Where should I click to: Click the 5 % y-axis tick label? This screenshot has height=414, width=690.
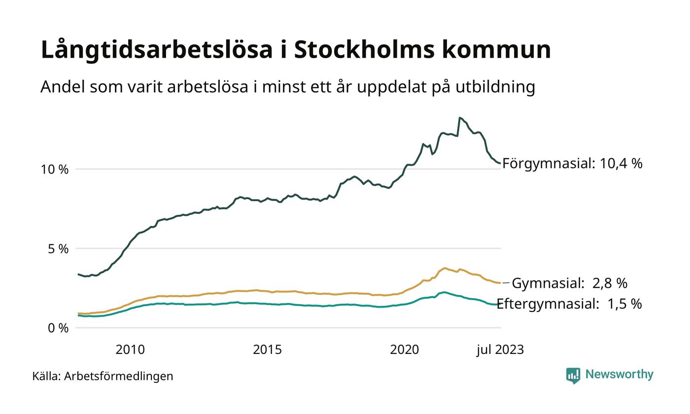click(58, 249)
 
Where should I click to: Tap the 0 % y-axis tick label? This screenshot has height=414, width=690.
click(58, 328)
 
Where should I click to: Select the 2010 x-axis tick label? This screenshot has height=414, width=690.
click(130, 350)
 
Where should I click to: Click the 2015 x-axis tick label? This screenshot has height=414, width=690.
click(267, 350)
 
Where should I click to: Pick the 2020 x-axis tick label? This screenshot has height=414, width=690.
click(404, 350)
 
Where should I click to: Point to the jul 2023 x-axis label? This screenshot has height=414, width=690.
click(500, 350)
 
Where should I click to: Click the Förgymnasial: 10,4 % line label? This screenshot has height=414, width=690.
click(572, 164)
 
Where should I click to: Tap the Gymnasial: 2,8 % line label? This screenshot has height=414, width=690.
click(569, 283)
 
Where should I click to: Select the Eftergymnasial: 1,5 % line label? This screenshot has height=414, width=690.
click(569, 304)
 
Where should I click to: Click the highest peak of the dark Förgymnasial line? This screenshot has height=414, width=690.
click(460, 118)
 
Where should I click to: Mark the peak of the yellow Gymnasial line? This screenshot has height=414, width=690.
click(445, 268)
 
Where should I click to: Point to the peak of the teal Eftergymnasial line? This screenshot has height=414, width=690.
click(444, 292)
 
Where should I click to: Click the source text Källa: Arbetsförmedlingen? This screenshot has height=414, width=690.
click(103, 377)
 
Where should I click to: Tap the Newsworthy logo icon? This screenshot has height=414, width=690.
click(573, 376)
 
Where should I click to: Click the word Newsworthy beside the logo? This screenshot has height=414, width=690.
click(620, 375)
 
